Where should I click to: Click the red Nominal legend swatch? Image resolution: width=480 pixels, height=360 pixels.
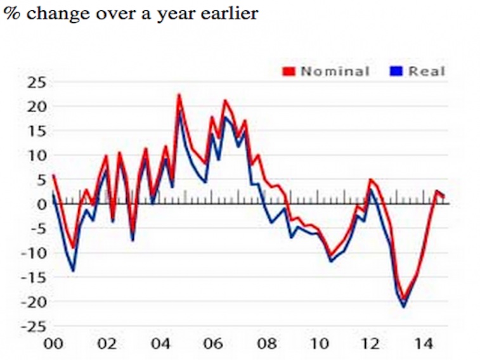coord(289,72)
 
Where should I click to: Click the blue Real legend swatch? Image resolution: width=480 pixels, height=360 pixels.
coord(396,72)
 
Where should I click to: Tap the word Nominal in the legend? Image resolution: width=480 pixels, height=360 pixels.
coord(335,71)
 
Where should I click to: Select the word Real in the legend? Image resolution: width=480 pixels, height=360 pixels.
coord(427,71)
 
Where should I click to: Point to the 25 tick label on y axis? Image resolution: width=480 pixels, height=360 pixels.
coord(37,83)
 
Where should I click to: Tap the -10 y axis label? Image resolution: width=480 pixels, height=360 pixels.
coord(34,254)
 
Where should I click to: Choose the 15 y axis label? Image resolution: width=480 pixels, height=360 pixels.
coord(37,131)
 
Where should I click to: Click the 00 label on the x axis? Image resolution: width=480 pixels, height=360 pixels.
coord(53,344)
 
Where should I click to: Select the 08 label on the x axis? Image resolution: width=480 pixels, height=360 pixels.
coord(266,344)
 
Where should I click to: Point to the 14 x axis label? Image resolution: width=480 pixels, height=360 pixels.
coord(424,344)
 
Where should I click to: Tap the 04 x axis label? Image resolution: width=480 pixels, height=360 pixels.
coord(160,344)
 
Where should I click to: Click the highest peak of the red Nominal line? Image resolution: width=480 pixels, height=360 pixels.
coord(179,94)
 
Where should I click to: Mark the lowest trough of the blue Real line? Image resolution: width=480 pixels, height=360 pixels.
coord(404,307)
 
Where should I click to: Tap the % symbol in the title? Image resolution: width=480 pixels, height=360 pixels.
coord(12,13)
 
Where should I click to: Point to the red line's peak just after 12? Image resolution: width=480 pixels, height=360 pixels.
coord(371,179)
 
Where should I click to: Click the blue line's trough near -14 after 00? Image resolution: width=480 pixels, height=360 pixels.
coord(73,271)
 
